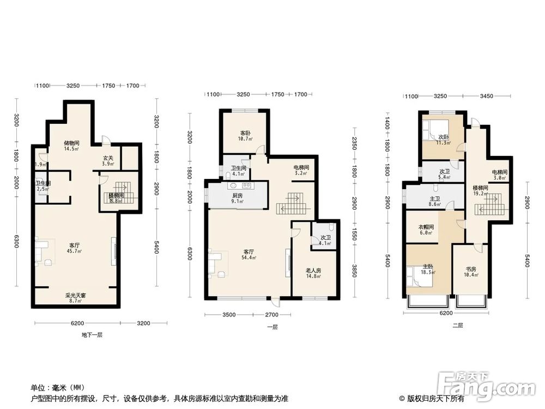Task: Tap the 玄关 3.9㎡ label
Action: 108,161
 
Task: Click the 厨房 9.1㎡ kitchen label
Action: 238,198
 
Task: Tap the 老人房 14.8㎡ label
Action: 313,273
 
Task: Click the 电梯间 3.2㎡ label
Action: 301,170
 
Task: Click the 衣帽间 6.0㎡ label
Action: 426,230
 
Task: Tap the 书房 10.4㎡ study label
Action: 471,272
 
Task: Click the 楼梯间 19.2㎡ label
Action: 480,190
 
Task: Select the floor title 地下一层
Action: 92,334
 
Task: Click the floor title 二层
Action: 457,326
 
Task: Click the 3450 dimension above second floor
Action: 486,96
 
